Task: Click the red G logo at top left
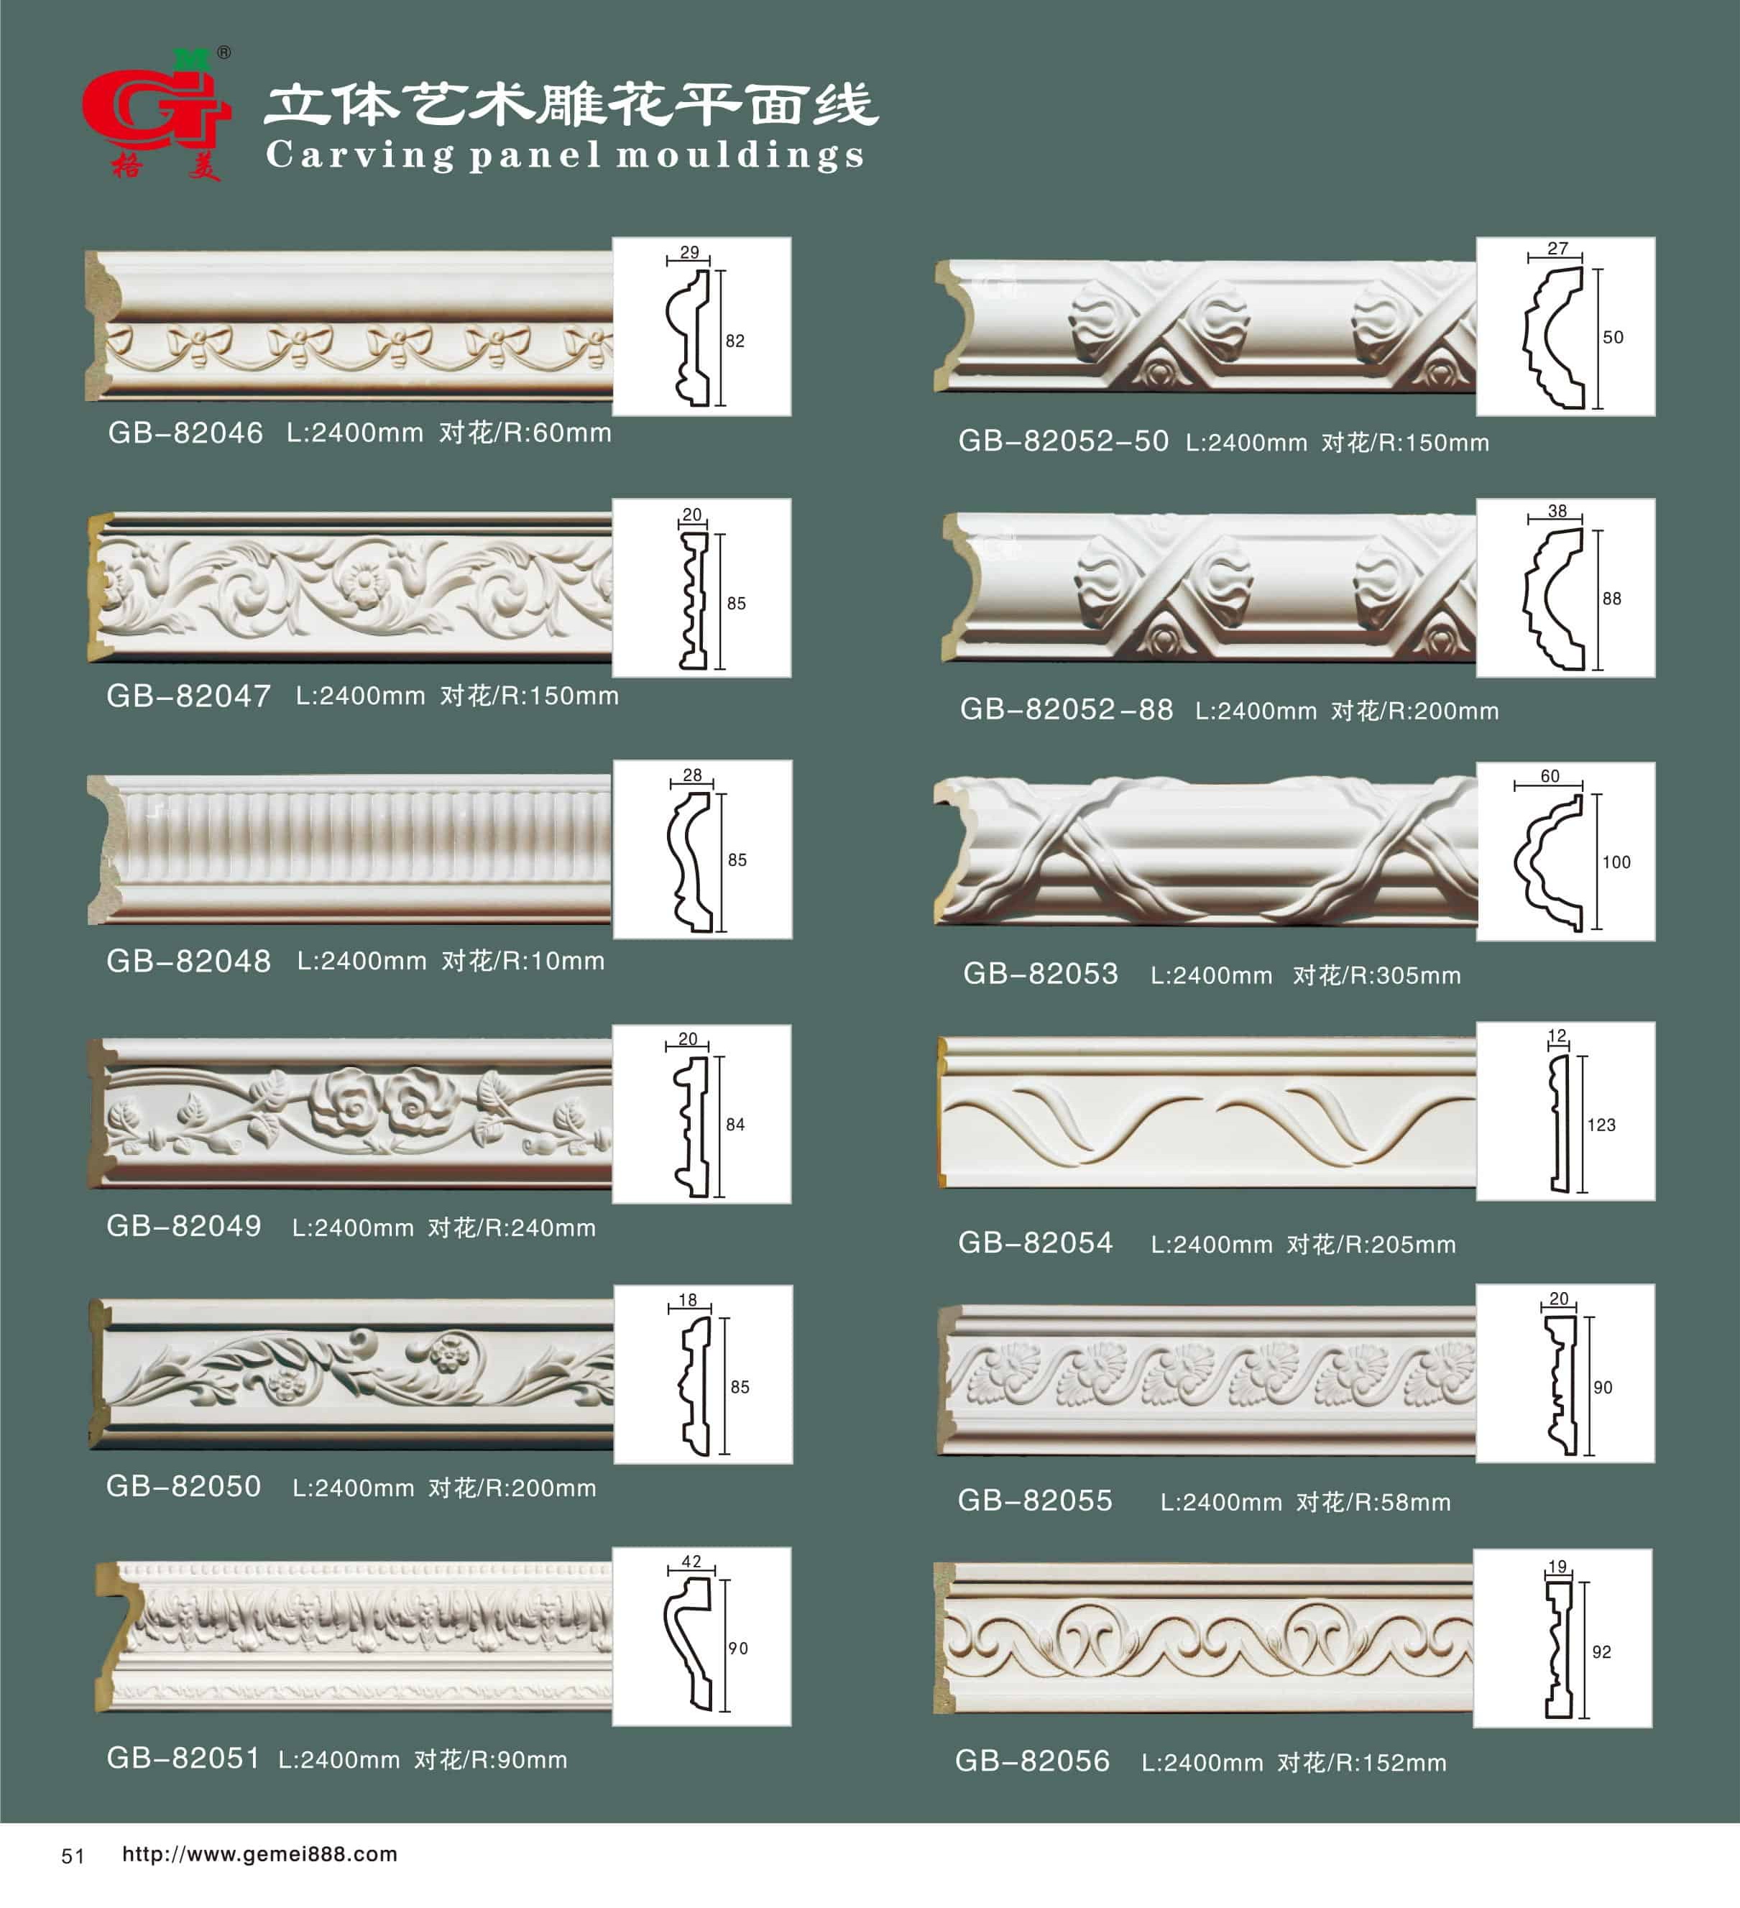(155, 113)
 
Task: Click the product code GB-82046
(185, 433)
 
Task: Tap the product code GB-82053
(1041, 974)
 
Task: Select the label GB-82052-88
(1067, 710)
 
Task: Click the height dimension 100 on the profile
(1616, 862)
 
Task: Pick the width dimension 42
(691, 1562)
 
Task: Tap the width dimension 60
(1550, 776)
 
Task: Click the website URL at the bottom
(259, 1854)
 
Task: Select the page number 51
(73, 1857)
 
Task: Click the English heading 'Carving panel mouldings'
(565, 155)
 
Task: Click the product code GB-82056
(1032, 1761)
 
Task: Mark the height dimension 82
(735, 341)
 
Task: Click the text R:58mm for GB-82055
(1400, 1503)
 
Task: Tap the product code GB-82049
(184, 1227)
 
